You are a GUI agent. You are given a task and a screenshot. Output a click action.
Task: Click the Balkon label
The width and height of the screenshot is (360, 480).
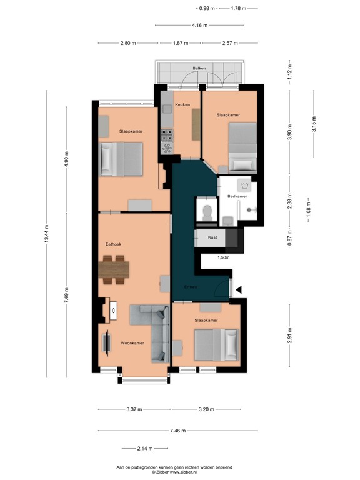[199, 68]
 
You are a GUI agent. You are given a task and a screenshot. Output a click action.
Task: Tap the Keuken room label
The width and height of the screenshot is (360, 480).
[182, 105]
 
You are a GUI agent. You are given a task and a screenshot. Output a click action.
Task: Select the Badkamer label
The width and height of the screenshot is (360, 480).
[237, 196]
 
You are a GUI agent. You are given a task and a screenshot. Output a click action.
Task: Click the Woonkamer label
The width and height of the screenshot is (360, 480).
[132, 343]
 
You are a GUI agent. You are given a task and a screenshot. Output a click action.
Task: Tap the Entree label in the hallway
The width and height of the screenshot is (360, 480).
[190, 287]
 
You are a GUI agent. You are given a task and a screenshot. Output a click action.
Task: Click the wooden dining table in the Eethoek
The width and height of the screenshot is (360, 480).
[114, 269]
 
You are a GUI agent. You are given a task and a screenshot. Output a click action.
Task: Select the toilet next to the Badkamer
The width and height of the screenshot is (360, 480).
[206, 211]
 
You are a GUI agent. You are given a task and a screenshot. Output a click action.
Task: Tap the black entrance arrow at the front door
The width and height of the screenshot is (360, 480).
[239, 289]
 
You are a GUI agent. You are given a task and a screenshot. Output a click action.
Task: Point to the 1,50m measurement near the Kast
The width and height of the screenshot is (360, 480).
[223, 257]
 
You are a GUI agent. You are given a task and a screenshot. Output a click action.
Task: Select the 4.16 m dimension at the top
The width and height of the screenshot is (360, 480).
[199, 26]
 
